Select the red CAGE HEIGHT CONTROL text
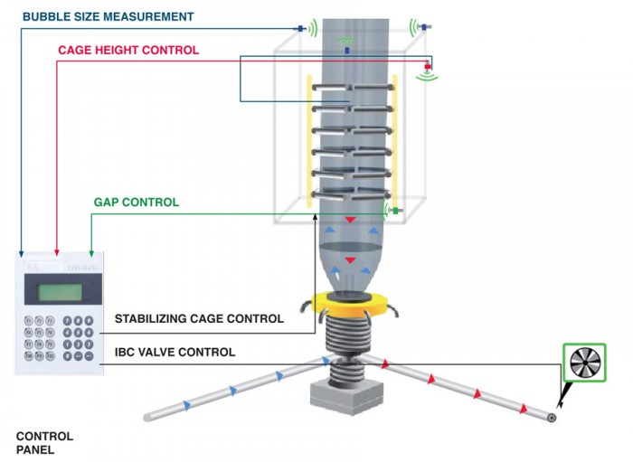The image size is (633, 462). [x=128, y=51]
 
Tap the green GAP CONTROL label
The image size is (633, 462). [x=136, y=203]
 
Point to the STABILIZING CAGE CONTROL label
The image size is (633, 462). [x=199, y=318]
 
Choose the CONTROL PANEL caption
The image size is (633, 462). [x=44, y=443]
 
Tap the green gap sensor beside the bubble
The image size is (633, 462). [x=395, y=211]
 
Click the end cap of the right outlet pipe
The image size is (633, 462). [x=552, y=417]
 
